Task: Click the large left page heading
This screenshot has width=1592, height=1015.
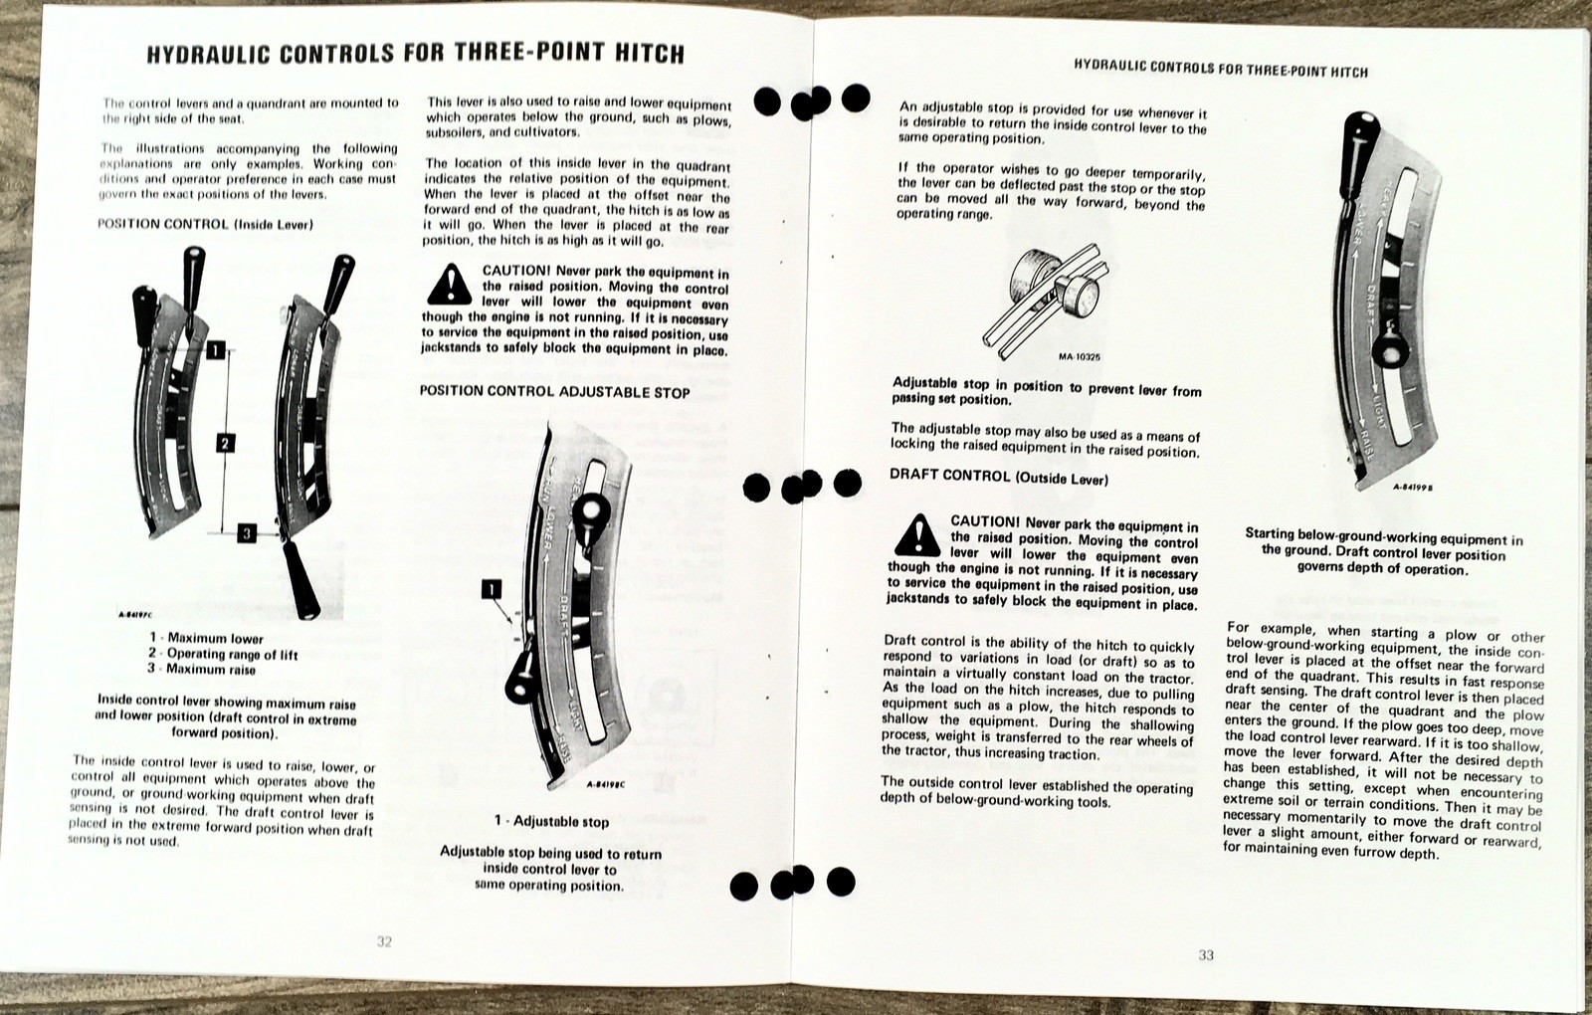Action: click(415, 53)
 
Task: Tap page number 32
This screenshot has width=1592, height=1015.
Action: click(384, 941)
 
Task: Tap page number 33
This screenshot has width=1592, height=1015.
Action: click(1205, 955)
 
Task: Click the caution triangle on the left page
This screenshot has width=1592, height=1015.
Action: click(449, 286)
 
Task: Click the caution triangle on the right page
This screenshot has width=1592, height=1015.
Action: click(916, 536)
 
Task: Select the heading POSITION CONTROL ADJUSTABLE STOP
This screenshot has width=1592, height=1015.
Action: click(554, 391)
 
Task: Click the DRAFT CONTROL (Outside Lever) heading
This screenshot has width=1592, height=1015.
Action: click(998, 477)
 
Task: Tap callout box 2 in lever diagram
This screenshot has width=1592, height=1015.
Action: click(226, 442)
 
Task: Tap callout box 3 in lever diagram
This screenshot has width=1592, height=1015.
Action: click(248, 533)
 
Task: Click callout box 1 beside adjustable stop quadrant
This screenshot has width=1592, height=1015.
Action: click(492, 590)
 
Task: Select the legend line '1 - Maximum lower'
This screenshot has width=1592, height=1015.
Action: click(206, 638)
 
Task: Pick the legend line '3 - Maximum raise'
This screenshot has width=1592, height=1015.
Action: click(202, 670)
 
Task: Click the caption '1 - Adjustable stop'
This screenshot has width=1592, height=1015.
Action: click(551, 821)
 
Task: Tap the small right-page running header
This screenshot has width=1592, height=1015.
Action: click(1220, 69)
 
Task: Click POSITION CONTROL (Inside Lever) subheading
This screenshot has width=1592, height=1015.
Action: click(205, 224)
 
